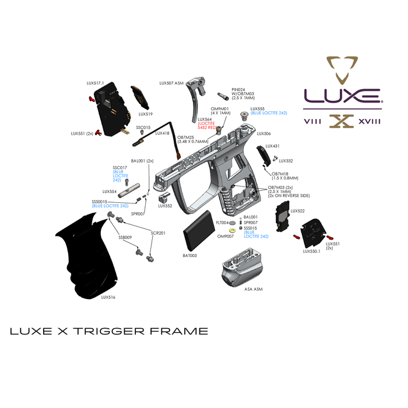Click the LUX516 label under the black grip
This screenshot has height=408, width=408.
point(108,297)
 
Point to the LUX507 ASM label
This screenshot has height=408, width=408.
point(171,83)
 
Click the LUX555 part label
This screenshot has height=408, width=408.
point(257,108)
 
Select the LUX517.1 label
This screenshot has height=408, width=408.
point(95,83)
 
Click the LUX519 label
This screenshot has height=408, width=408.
point(146,114)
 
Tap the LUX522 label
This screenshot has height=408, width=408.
point(297,211)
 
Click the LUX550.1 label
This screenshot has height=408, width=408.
point(312,251)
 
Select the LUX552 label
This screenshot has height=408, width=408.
point(165,206)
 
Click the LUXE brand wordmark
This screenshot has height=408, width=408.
point(342,94)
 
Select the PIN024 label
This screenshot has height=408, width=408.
point(239,89)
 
